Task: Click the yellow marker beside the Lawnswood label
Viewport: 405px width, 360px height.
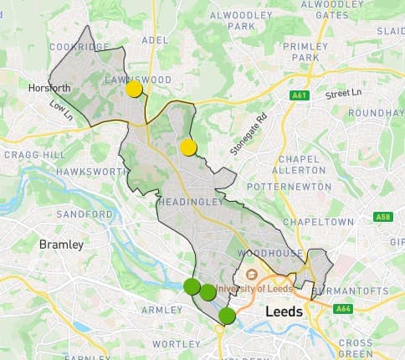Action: tap(134, 89)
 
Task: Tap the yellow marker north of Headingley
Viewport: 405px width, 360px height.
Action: tap(188, 148)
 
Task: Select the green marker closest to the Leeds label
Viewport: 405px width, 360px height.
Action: tap(227, 316)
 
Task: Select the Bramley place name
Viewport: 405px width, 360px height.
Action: tap(61, 244)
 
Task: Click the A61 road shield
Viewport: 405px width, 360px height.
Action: tap(299, 96)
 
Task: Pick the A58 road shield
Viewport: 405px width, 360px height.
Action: tap(383, 217)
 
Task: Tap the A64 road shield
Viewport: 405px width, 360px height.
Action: tap(343, 309)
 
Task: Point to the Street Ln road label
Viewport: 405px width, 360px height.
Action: tap(344, 92)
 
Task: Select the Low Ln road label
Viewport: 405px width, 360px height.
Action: tap(62, 108)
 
